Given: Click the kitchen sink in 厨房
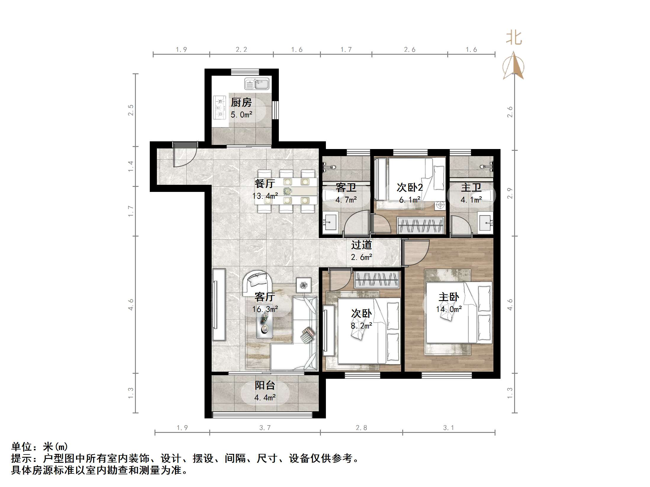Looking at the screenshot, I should [257, 84].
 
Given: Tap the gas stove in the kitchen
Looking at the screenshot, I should [219, 108].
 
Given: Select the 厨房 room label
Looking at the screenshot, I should [241, 103].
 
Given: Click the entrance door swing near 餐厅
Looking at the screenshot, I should [184, 156].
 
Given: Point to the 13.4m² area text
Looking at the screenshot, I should [265, 196].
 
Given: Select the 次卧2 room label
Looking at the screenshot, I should [410, 187].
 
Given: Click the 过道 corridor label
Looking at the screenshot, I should [361, 245].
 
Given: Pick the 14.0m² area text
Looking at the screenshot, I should [449, 309].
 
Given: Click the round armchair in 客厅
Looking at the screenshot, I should [258, 283].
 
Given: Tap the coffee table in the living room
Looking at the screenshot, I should [264, 325].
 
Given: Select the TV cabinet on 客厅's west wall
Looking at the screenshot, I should [219, 305].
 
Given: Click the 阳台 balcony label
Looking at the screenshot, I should [265, 385].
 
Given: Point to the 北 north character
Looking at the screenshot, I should [514, 38].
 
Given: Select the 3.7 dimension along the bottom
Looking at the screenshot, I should [265, 428].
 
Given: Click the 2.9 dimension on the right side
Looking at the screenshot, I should [510, 193].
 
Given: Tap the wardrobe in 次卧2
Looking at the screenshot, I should [420, 226].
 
